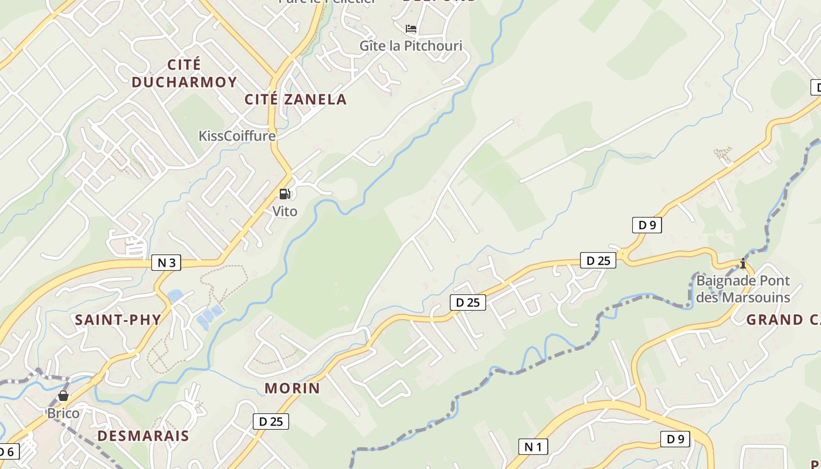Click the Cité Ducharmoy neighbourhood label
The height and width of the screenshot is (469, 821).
(x=184, y=73)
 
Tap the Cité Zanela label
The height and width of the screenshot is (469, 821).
(x=296, y=100)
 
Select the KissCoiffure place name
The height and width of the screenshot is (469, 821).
(x=237, y=136)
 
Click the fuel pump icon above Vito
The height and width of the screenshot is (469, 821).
(x=285, y=194)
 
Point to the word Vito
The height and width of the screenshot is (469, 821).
(x=285, y=211)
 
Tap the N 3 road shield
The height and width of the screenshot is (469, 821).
(x=167, y=263)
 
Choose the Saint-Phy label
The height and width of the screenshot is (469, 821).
(x=118, y=320)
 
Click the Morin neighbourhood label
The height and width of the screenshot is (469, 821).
(x=292, y=388)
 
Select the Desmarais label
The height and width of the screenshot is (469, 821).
(x=143, y=436)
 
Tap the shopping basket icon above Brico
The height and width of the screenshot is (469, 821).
(x=63, y=396)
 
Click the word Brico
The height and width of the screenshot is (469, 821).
(x=63, y=413)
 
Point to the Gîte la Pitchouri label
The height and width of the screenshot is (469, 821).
(x=410, y=46)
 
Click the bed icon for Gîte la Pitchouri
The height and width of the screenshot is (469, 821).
(x=411, y=28)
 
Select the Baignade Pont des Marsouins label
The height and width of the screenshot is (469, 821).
(x=743, y=289)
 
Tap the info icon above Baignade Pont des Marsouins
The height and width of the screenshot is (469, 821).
(x=743, y=264)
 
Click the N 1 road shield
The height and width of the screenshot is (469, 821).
(x=533, y=447)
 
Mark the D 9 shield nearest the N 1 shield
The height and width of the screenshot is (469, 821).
(x=675, y=439)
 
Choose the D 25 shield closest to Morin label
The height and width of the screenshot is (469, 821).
(x=271, y=421)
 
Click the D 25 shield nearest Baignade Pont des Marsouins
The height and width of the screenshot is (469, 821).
(x=598, y=261)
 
